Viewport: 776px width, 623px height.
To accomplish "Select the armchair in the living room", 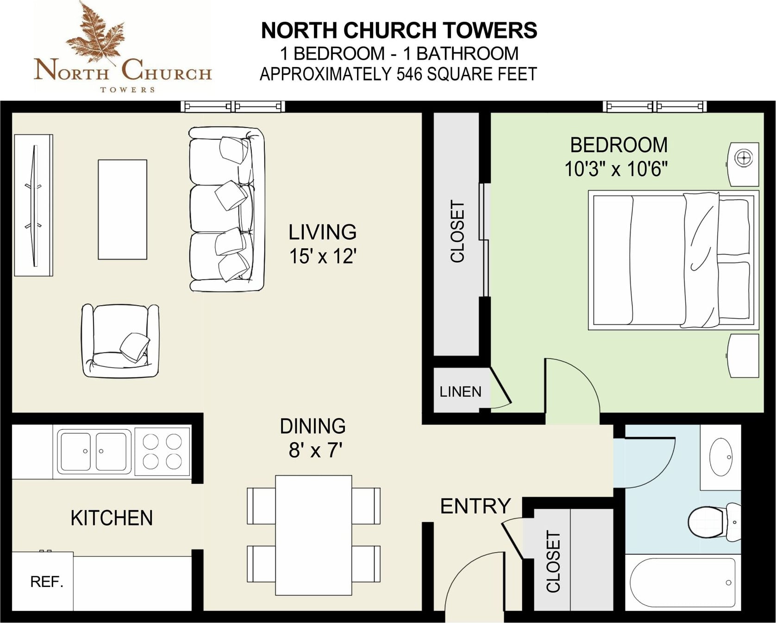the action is [120, 340].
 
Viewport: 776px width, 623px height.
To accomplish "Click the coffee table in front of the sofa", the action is [123, 210].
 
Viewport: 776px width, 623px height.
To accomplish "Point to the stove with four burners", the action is [162, 451].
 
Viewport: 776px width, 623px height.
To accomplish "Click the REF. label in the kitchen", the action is [46, 582].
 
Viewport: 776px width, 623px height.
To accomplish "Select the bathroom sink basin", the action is [721, 456].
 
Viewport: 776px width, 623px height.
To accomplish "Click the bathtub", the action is [682, 582].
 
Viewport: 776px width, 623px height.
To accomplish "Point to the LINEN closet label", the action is [460, 392].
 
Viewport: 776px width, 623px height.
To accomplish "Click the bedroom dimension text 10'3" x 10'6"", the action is [616, 169].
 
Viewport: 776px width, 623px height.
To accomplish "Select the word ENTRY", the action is [476, 506].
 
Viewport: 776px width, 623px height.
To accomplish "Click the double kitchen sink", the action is [93, 451].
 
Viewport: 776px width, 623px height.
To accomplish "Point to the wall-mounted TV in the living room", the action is [34, 205].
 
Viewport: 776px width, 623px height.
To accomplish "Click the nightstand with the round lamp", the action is [743, 165].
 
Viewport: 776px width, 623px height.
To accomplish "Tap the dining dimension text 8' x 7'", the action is [315, 450].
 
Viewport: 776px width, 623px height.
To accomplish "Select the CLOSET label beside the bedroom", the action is [457, 232].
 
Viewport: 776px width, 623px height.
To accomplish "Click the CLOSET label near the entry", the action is [553, 561].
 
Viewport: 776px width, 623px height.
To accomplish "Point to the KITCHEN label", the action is [112, 518].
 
